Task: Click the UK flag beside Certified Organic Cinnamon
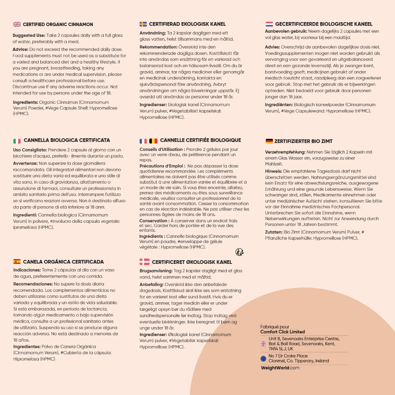[x=17, y=24]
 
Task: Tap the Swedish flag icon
[x=143, y=24]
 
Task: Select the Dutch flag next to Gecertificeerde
[x=269, y=24]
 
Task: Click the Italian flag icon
[x=17, y=141]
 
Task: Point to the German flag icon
[x=269, y=141]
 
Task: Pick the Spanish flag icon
[x=17, y=261]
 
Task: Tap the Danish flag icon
[x=144, y=262]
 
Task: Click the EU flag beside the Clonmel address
[x=263, y=358]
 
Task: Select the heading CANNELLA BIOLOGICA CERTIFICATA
[x=67, y=140]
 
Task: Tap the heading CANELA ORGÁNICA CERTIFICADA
[x=63, y=261]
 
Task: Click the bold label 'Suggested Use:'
[x=29, y=36]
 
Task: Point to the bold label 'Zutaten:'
[x=273, y=232]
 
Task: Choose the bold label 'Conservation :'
[x=154, y=221]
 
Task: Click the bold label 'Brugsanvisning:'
[x=156, y=271]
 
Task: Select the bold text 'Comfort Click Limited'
[x=282, y=332]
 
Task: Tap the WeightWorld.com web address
[x=280, y=368]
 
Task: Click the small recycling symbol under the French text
[x=239, y=252]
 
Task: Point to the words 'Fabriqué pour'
[x=275, y=327]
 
